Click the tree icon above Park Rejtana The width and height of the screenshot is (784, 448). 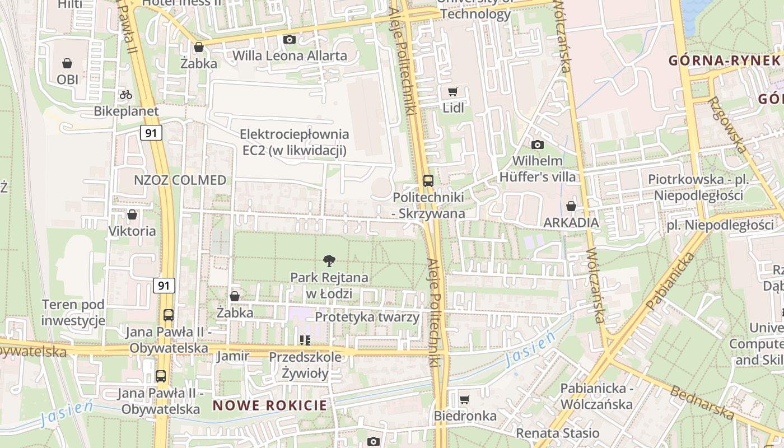tap(329, 260)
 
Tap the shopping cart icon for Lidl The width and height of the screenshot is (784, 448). tap(453, 91)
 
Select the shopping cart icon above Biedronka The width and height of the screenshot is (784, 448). tap(464, 399)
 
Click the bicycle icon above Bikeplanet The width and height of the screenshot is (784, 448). tap(126, 95)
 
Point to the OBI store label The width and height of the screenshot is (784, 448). tap(67, 80)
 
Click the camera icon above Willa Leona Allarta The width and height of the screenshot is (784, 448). tap(290, 39)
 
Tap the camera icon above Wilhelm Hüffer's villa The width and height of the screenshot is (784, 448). tap(537, 144)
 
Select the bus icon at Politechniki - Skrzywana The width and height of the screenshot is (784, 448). tap(428, 180)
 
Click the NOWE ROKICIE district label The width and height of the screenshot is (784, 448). tap(269, 405)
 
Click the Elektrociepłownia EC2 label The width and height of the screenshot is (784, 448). tap(295, 142)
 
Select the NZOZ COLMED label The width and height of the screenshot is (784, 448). tap(180, 180)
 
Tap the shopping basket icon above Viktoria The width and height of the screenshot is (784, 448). tap(132, 214)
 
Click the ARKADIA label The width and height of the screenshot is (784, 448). tap(571, 222)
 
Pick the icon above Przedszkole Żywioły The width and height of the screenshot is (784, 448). tap(305, 340)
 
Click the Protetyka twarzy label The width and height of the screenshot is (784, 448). tap(367, 317)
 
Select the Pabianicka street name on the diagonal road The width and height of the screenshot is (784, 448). tap(670, 281)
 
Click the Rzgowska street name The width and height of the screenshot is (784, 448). tap(727, 124)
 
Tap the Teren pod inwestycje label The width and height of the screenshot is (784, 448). tap(73, 312)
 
